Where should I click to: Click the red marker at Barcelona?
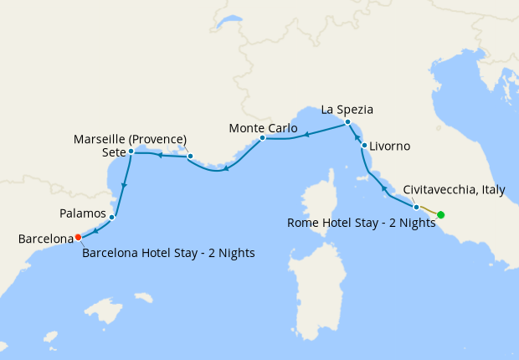point(78,236)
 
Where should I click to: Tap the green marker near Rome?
point(441,215)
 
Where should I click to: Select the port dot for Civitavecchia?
point(416,206)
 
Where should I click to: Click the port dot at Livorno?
point(364,146)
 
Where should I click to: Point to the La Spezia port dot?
point(347,123)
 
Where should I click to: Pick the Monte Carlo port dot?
point(262,138)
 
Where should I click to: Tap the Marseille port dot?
point(190,156)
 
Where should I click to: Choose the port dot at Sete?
point(131,152)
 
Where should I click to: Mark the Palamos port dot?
point(112,218)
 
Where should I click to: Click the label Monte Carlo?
point(263,128)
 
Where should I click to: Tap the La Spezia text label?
point(347,110)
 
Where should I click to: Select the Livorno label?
point(390,147)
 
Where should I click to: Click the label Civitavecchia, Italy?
point(454,190)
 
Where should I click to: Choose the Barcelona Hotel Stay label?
point(168,252)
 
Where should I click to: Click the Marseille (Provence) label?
point(130,138)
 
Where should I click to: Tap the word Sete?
point(114,152)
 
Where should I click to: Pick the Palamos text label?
point(83,213)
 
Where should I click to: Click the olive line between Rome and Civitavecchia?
point(429,210)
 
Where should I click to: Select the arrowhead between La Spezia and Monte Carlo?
point(307,134)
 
